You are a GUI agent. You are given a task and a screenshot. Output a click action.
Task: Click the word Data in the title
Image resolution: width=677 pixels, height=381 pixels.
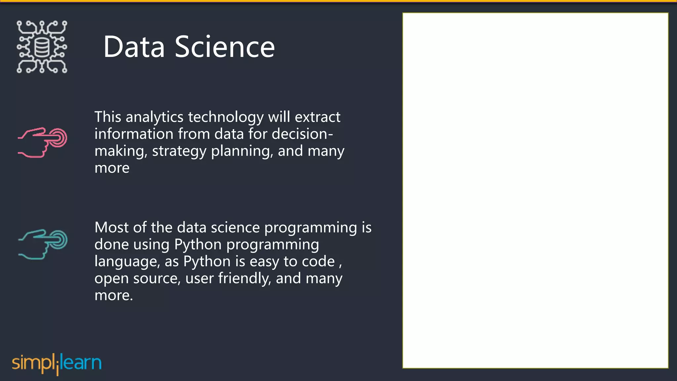click(x=134, y=47)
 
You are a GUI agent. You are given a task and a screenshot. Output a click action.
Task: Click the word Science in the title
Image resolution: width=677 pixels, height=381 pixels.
click(x=224, y=47)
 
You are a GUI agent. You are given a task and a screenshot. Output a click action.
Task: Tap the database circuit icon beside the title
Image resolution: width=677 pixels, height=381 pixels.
click(x=42, y=47)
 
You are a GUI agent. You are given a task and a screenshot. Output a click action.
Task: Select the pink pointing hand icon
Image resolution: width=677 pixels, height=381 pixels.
click(x=43, y=142)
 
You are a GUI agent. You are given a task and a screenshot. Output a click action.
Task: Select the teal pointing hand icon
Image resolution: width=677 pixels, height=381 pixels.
click(x=43, y=244)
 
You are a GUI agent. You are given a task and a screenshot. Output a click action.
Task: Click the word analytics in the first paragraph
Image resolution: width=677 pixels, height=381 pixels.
click(x=154, y=117)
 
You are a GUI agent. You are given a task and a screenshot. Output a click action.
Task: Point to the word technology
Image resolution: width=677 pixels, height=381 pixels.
click(x=226, y=117)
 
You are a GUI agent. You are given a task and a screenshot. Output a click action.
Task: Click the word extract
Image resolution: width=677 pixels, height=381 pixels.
click(x=317, y=117)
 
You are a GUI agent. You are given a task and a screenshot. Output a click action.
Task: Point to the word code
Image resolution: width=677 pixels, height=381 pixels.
click(x=318, y=262)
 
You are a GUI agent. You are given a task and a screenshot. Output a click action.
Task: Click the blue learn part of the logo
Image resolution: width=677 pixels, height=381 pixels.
click(x=81, y=363)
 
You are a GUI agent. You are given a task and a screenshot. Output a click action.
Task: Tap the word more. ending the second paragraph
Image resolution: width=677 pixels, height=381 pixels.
click(x=113, y=295)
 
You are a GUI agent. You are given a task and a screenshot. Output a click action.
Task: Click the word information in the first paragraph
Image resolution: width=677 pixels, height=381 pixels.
click(x=134, y=134)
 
